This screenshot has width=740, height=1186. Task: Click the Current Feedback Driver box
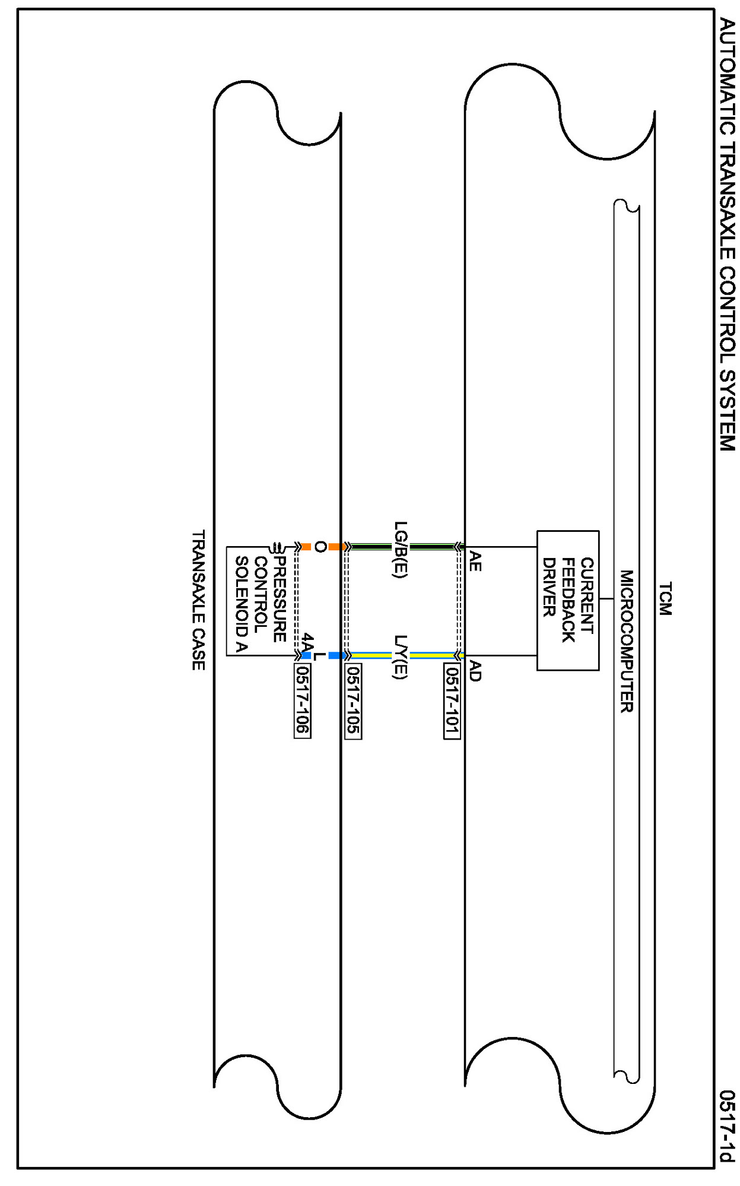coord(567,600)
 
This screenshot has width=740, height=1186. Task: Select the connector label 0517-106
coord(302,700)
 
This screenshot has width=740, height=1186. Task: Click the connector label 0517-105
coord(353,700)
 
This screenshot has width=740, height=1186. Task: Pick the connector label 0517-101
coord(452,700)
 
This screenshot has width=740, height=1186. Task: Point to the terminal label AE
coord(475,561)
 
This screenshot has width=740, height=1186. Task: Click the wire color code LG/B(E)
coord(401,550)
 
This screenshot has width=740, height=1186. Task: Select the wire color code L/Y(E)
coord(401,657)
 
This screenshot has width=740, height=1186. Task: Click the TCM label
coord(665,598)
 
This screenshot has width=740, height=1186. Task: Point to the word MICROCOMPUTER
coord(627,641)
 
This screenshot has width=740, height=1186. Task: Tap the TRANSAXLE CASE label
coord(198,600)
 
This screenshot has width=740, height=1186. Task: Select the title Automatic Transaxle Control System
coord(727,234)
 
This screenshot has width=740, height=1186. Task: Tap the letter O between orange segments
coord(320,547)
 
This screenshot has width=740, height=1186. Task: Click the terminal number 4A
coord(306,642)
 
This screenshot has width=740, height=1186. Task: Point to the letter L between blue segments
coord(320,656)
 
